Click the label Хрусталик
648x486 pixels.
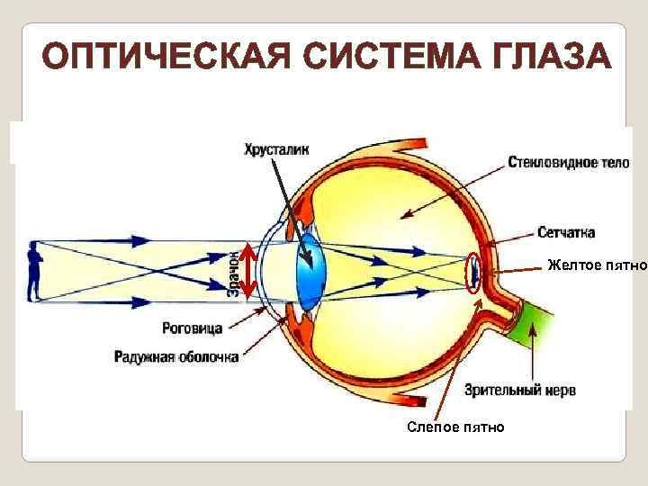click(x=276, y=148)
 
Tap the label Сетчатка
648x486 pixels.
click(x=565, y=232)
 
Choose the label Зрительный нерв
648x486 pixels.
click(x=520, y=390)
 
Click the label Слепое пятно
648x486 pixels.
click(x=456, y=426)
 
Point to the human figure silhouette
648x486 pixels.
click(x=35, y=271)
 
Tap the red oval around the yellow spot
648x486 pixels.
click(x=473, y=271)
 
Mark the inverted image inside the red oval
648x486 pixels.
click(x=472, y=273)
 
